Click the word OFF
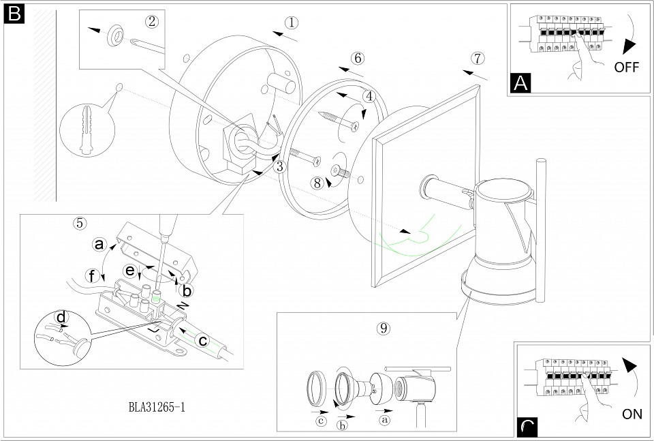point(627,67)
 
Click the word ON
point(632,414)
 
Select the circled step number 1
point(291,22)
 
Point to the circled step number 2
point(152,21)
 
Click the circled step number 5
point(80,222)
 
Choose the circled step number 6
point(358,58)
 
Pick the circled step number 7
point(477,58)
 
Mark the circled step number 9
point(384,328)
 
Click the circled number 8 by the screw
point(317,183)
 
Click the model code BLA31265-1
point(157,408)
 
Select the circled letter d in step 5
point(62,317)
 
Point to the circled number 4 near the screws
point(369,97)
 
